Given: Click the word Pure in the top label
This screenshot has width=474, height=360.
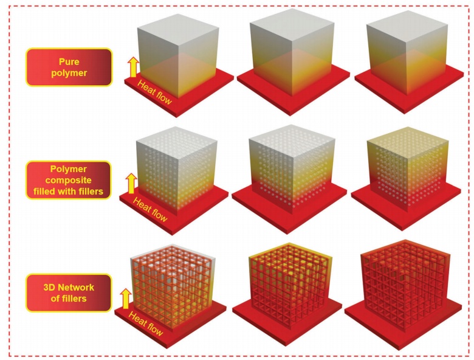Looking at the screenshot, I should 69,61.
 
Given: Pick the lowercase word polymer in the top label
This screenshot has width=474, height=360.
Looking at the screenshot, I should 69,72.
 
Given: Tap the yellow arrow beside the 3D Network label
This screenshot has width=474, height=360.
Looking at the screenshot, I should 126,299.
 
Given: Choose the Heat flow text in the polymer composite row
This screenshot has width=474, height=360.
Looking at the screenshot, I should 150,209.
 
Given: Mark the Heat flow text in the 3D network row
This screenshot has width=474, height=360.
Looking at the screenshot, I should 146,325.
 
